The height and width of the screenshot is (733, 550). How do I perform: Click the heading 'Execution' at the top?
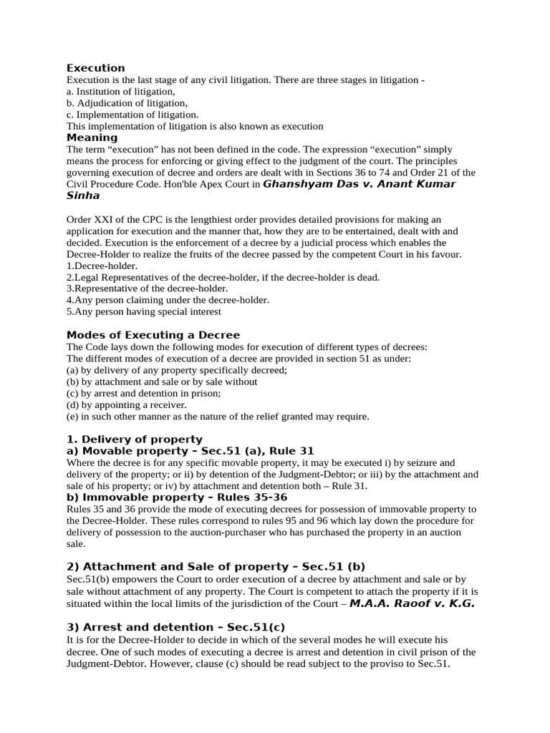(95, 68)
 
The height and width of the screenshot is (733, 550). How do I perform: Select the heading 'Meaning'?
(92, 137)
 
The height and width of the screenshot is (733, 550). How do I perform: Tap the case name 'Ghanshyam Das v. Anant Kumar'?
(360, 184)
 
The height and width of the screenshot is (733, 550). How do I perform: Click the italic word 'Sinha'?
(84, 195)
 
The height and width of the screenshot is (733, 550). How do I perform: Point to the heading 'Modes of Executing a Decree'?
(153, 335)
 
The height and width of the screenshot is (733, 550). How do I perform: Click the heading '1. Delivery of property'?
(135, 439)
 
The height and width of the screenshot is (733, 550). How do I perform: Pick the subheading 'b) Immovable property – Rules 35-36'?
(177, 497)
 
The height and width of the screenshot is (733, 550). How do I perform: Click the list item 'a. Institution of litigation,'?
(121, 92)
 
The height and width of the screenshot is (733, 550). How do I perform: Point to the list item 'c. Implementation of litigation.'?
(132, 115)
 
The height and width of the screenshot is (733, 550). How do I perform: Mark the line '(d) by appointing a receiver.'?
(127, 405)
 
